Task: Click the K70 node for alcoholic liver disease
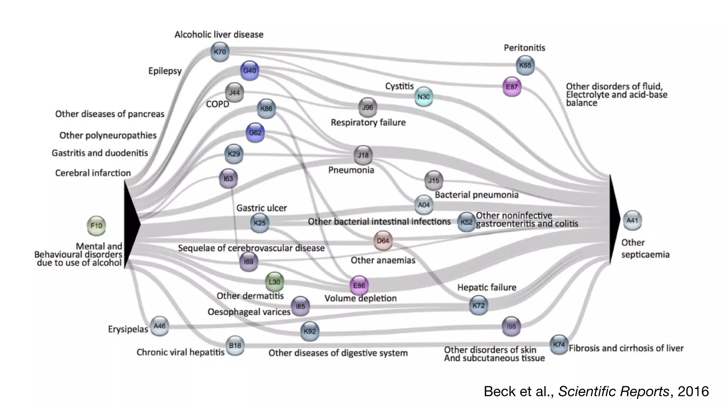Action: click(220, 52)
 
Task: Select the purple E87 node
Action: click(512, 87)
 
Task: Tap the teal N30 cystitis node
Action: click(423, 97)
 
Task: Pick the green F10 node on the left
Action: click(96, 226)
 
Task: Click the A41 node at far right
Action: click(632, 220)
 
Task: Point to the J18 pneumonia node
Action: click(363, 155)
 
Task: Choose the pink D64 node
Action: click(383, 241)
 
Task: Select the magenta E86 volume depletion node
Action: click(359, 285)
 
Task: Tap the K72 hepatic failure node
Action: click(478, 305)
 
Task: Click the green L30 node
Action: click(274, 282)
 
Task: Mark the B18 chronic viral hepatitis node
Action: click(235, 345)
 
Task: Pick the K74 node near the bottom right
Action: click(559, 344)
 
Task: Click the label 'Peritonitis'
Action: click(524, 48)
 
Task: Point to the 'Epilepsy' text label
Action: click(165, 71)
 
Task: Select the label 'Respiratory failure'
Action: click(368, 123)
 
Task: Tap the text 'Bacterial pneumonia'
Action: click(476, 195)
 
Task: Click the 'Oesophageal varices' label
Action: click(249, 312)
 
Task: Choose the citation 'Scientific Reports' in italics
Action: click(613, 391)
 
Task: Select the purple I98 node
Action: click(511, 326)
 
